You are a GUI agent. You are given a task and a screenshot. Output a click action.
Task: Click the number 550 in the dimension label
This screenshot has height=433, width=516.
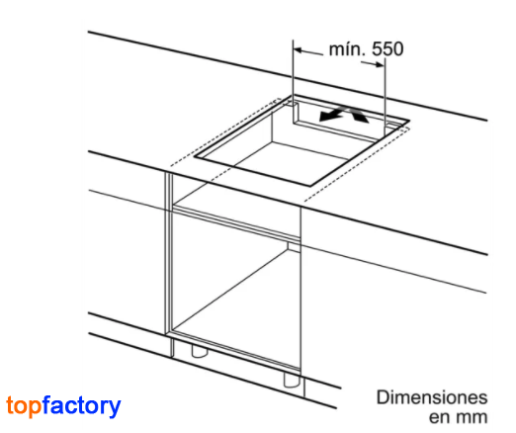[x=387, y=49]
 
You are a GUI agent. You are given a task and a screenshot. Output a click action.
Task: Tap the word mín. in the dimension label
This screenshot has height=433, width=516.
[x=348, y=49]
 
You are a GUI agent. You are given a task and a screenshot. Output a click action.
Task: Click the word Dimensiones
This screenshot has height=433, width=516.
[x=432, y=397]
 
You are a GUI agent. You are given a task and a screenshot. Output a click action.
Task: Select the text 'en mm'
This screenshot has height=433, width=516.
[x=459, y=417]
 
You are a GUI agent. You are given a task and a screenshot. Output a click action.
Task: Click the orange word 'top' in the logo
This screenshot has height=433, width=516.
[x=24, y=406]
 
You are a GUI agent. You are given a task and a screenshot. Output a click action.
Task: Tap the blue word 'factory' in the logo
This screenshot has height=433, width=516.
[x=82, y=406]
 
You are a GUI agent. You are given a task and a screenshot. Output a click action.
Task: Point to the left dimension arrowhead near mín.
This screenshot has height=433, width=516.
[x=298, y=50]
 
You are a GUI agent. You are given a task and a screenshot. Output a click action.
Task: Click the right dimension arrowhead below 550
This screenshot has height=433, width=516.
[x=380, y=64]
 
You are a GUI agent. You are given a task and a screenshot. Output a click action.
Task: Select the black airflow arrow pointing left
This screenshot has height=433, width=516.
[x=331, y=114]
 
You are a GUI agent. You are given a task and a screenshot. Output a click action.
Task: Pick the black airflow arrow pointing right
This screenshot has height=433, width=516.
[x=359, y=115]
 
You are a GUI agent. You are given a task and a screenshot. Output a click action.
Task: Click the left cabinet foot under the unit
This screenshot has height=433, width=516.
[x=200, y=351]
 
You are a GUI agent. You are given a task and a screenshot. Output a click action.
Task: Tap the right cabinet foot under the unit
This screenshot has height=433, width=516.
[x=292, y=381]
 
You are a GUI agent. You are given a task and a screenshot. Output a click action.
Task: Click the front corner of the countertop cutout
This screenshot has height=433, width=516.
[x=310, y=186]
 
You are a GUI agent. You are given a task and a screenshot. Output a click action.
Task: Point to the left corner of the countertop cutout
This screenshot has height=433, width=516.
[x=195, y=156]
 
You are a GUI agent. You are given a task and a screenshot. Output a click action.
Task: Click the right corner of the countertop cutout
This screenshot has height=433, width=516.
[x=409, y=121]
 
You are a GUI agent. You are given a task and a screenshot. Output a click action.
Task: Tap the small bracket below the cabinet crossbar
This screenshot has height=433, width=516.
[x=294, y=247]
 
